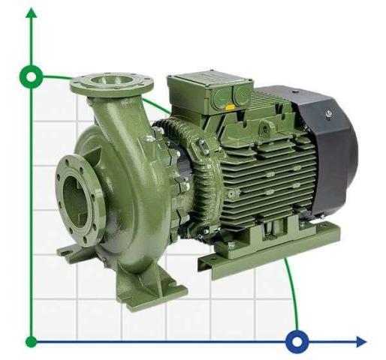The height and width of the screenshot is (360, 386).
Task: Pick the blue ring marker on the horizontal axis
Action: (x=298, y=342)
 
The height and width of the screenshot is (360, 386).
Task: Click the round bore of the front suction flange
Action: (x=75, y=197)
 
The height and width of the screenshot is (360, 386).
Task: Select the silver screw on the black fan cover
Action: (x=328, y=113)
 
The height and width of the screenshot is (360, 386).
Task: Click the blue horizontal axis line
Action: (x=165, y=342)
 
